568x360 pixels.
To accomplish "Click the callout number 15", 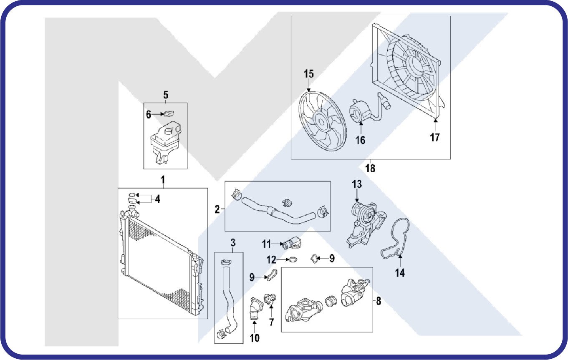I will coord(308,74).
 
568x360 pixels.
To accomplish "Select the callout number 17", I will coord(435,137).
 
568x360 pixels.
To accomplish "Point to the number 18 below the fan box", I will coord(370,168).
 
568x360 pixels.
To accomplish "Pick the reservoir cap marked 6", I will coord(169,113).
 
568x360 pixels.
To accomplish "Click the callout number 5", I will coord(165,94).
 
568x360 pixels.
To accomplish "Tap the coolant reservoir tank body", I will coord(165,140).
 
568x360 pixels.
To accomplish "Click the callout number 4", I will coord(157,199).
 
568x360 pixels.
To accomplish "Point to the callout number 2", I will coord(217,209).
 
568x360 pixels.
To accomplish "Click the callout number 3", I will coord(233,242).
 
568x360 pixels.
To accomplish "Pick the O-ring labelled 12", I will coord(293,259).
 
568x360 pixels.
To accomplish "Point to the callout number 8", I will coord(379,301).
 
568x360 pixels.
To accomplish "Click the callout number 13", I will coord(356,184).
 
